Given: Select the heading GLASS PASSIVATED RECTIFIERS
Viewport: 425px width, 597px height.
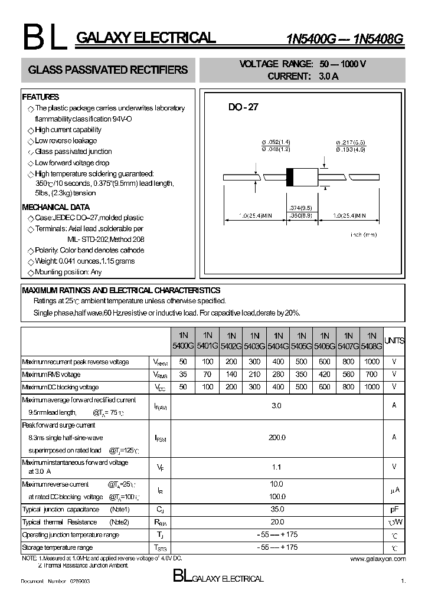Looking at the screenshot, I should coord(108,70).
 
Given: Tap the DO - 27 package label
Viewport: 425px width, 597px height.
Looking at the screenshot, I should coord(243,107).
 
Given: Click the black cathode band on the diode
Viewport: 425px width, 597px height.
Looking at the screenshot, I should coord(290,176).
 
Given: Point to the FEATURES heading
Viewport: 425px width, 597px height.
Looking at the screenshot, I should coord(40,97).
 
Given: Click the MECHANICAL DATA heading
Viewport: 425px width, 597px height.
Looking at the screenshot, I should coord(55,207).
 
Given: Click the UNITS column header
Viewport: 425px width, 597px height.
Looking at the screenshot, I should coord(394,341).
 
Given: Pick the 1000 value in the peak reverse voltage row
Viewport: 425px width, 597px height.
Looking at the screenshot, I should coord(372,362).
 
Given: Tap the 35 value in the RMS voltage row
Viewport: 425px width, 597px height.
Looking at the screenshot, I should coord(182,375).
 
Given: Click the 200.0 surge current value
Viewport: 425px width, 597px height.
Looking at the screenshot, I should coord(277,437).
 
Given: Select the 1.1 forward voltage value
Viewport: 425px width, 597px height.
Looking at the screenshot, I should coord(277,467).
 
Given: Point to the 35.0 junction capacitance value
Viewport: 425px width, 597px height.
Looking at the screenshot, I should coord(277,509).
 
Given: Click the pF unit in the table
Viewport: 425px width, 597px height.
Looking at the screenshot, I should coord(394,509).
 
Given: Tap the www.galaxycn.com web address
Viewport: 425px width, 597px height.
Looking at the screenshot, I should coord(378,558).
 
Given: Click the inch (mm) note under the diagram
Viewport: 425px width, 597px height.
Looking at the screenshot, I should coord(364,235).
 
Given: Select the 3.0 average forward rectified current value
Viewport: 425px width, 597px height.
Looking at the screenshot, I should coord(277,406).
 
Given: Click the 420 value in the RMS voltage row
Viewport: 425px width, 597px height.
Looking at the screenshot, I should coord(324,375).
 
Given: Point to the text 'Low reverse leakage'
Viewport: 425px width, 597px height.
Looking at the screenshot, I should coord(66,141).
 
